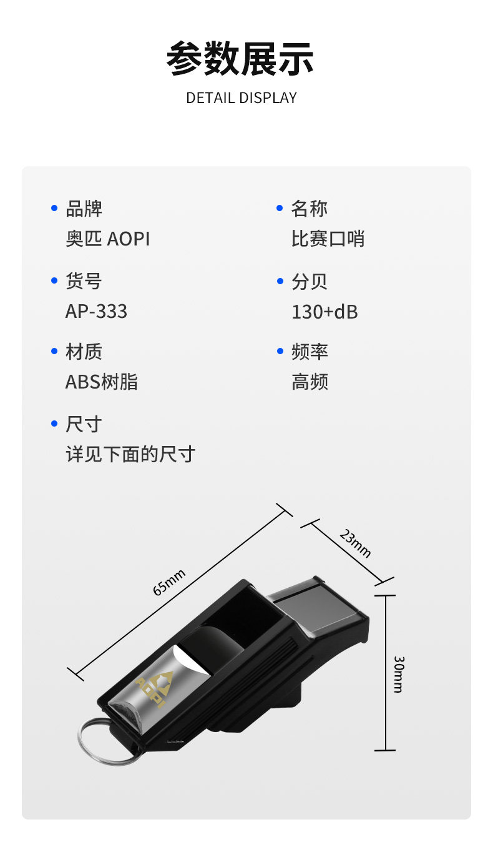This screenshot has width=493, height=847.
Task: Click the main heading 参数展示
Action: tap(240, 59)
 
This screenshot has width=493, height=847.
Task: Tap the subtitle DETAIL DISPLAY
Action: tap(241, 98)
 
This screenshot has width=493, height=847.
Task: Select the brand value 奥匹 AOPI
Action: tap(107, 239)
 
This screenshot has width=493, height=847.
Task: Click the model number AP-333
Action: tap(96, 311)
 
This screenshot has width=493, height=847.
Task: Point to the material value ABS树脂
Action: tap(101, 382)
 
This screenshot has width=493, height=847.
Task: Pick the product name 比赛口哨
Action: tap(328, 239)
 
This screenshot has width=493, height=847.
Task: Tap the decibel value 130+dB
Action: tap(325, 311)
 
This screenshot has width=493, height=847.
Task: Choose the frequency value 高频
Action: tap(310, 382)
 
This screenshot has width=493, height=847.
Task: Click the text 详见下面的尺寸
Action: tap(130, 454)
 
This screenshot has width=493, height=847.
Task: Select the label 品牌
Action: tap(84, 209)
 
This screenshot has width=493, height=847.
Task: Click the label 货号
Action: tap(84, 281)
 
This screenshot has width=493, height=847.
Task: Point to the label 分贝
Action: tap(309, 281)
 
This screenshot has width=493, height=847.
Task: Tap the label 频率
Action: tap(309, 352)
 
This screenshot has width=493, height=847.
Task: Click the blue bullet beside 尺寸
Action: tap(54, 424)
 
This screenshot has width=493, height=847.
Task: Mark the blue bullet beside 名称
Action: tap(280, 208)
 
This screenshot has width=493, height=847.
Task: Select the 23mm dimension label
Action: tap(355, 543)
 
